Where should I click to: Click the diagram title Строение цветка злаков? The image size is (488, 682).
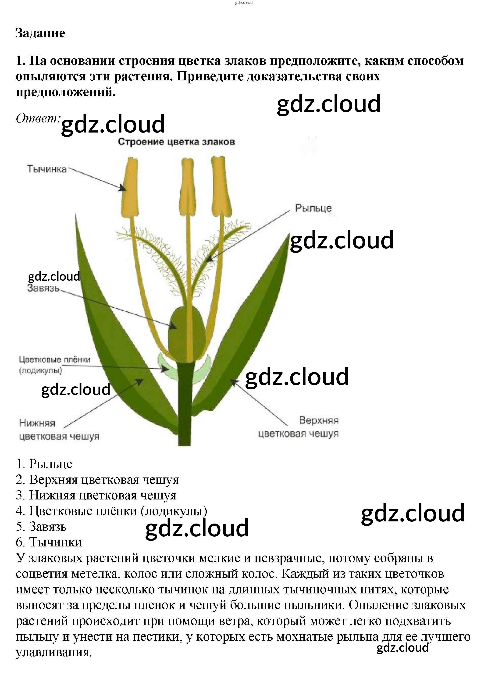[176, 142]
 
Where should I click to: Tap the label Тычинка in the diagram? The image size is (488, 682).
[47, 169]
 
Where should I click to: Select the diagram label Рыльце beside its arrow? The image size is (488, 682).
[313, 208]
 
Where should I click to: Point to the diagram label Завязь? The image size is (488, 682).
[43, 288]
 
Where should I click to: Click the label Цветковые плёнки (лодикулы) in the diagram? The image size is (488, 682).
[54, 365]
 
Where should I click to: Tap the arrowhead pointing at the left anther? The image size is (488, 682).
[123, 188]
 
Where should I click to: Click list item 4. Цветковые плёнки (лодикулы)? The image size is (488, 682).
[111, 510]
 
